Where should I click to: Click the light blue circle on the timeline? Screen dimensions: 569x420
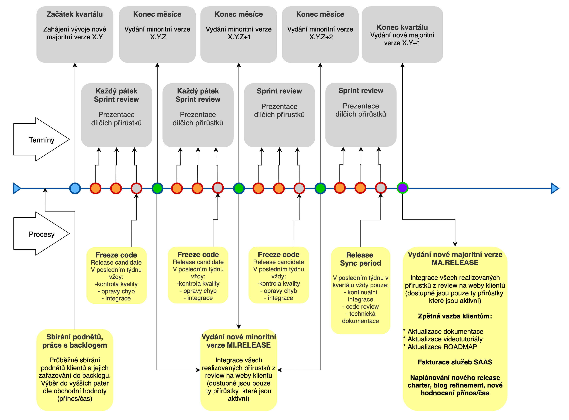pos(75,188)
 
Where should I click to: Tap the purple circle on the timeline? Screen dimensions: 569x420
pos(402,188)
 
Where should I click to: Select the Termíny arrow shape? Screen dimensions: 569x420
pos(41,139)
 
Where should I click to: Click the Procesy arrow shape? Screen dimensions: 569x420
pos(41,234)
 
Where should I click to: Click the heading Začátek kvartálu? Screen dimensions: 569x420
pos(75,14)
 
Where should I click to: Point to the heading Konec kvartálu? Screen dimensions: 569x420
pos(402,27)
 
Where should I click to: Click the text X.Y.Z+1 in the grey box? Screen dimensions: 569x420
pos(239,37)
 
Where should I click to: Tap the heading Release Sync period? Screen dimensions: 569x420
pos(360,259)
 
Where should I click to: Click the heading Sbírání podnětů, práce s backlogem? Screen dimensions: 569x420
pos(75,341)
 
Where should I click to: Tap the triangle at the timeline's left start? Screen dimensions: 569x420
pos(17,188)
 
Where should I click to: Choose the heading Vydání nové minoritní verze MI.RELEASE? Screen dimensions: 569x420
pos(239,341)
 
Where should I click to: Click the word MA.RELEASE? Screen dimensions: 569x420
pos(455,263)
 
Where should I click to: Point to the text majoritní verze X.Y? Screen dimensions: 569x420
pos(75,37)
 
